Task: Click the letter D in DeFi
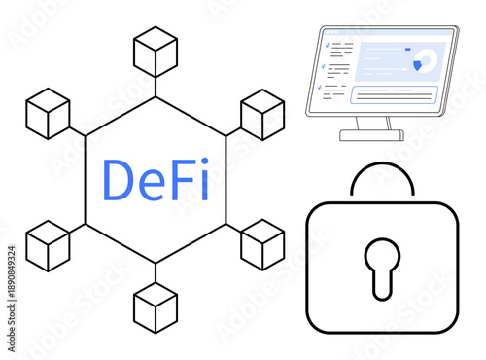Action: coord(120,179)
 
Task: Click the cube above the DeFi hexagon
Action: coord(156,51)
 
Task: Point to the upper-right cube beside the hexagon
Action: coord(261,113)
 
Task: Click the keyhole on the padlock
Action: coord(382,267)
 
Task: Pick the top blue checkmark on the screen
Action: coord(326,44)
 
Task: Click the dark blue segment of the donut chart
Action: coord(418,65)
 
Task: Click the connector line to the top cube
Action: coord(156,86)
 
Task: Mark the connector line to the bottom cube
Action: coord(156,271)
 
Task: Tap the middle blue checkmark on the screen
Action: coord(326,65)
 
